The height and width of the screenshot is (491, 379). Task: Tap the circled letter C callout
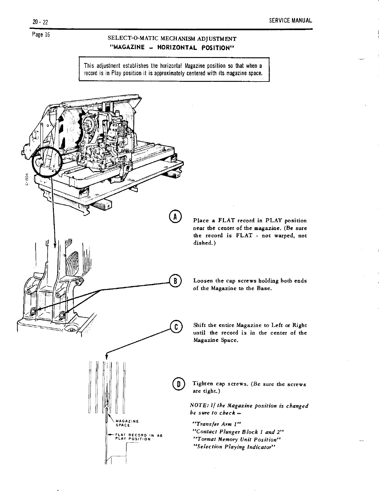coord(176,327)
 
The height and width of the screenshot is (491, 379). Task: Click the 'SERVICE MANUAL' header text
coord(290,21)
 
